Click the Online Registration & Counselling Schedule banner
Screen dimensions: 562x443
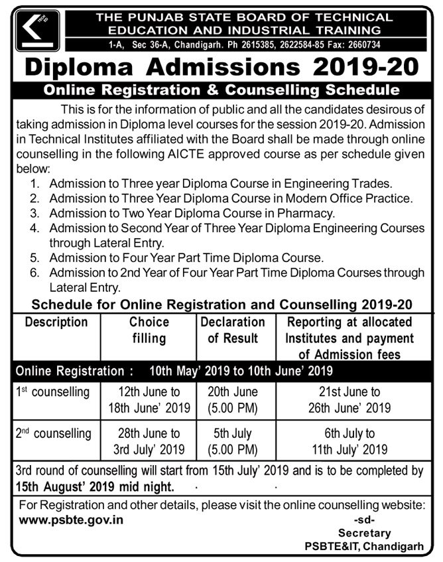click(221, 90)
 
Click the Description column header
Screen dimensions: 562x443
click(56, 322)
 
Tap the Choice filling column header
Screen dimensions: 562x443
click(149, 330)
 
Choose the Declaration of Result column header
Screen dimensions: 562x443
click(233, 330)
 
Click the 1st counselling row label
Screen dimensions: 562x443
click(53, 392)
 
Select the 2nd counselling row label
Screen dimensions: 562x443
click(53, 434)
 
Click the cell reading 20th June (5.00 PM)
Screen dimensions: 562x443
click(233, 400)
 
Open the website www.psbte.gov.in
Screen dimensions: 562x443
click(72, 520)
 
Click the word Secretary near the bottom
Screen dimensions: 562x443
click(364, 533)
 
